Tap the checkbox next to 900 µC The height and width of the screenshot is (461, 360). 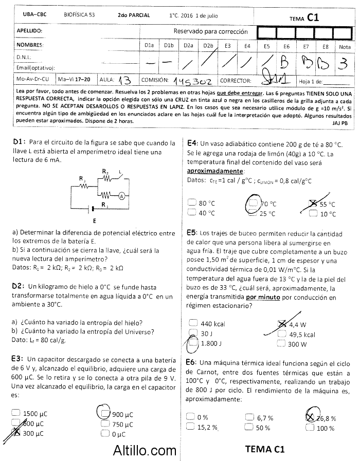coord(105,414)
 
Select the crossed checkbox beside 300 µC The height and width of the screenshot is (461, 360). coord(16,433)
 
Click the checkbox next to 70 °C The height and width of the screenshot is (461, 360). coord(252,204)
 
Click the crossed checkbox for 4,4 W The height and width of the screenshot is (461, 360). coord(281,324)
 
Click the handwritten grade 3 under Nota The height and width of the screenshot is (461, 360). coord(344,64)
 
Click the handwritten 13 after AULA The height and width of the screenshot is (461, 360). coord(124,81)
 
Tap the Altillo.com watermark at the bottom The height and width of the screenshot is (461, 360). coord(145,451)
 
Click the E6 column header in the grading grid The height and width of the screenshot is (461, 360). coord(286,46)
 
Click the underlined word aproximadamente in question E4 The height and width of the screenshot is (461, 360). coord(215,171)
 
